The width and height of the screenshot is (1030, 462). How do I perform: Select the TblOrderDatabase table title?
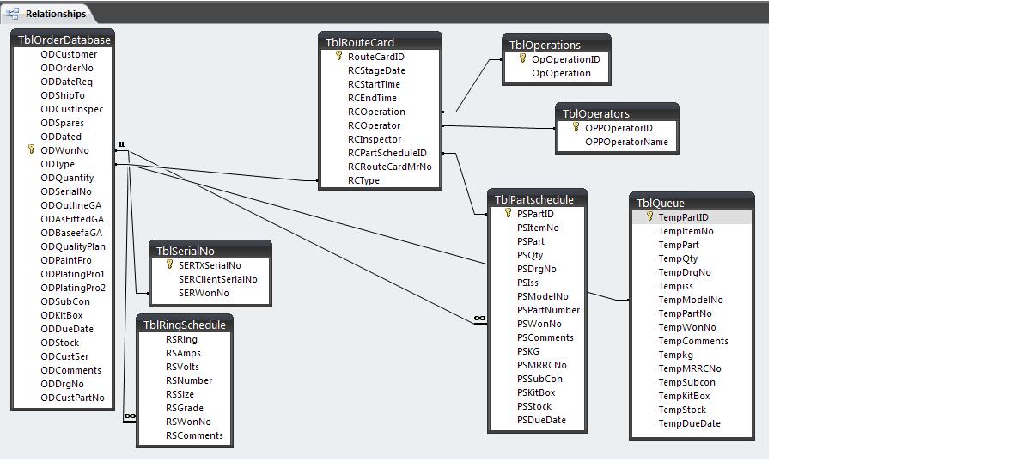[64, 40]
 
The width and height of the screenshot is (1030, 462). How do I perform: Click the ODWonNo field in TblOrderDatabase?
[64, 150]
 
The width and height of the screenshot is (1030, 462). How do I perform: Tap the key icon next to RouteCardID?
[339, 57]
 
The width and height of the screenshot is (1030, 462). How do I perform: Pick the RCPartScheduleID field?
[387, 153]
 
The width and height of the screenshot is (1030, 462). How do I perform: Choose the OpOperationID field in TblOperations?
[565, 59]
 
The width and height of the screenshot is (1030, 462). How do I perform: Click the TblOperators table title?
[595, 113]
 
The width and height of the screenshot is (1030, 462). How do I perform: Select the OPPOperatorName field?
[626, 142]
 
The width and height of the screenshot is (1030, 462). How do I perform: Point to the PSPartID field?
[535, 214]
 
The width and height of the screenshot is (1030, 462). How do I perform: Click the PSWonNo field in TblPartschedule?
[539, 324]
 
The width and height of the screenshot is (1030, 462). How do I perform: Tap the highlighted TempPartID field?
[683, 217]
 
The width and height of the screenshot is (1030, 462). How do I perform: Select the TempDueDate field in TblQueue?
[689, 423]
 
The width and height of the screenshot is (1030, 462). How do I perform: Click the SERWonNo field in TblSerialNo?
[204, 293]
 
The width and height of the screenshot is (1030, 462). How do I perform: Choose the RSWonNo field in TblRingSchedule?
[188, 422]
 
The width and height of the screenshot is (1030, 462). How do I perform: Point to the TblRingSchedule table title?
[184, 325]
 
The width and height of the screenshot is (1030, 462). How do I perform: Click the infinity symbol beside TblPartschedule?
[479, 319]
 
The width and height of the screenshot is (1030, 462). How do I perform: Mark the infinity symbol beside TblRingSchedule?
[129, 416]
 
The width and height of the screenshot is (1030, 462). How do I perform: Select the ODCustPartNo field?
[72, 398]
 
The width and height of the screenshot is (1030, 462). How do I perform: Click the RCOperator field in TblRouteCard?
[374, 125]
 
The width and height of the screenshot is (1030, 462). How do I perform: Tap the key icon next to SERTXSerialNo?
[170, 265]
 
